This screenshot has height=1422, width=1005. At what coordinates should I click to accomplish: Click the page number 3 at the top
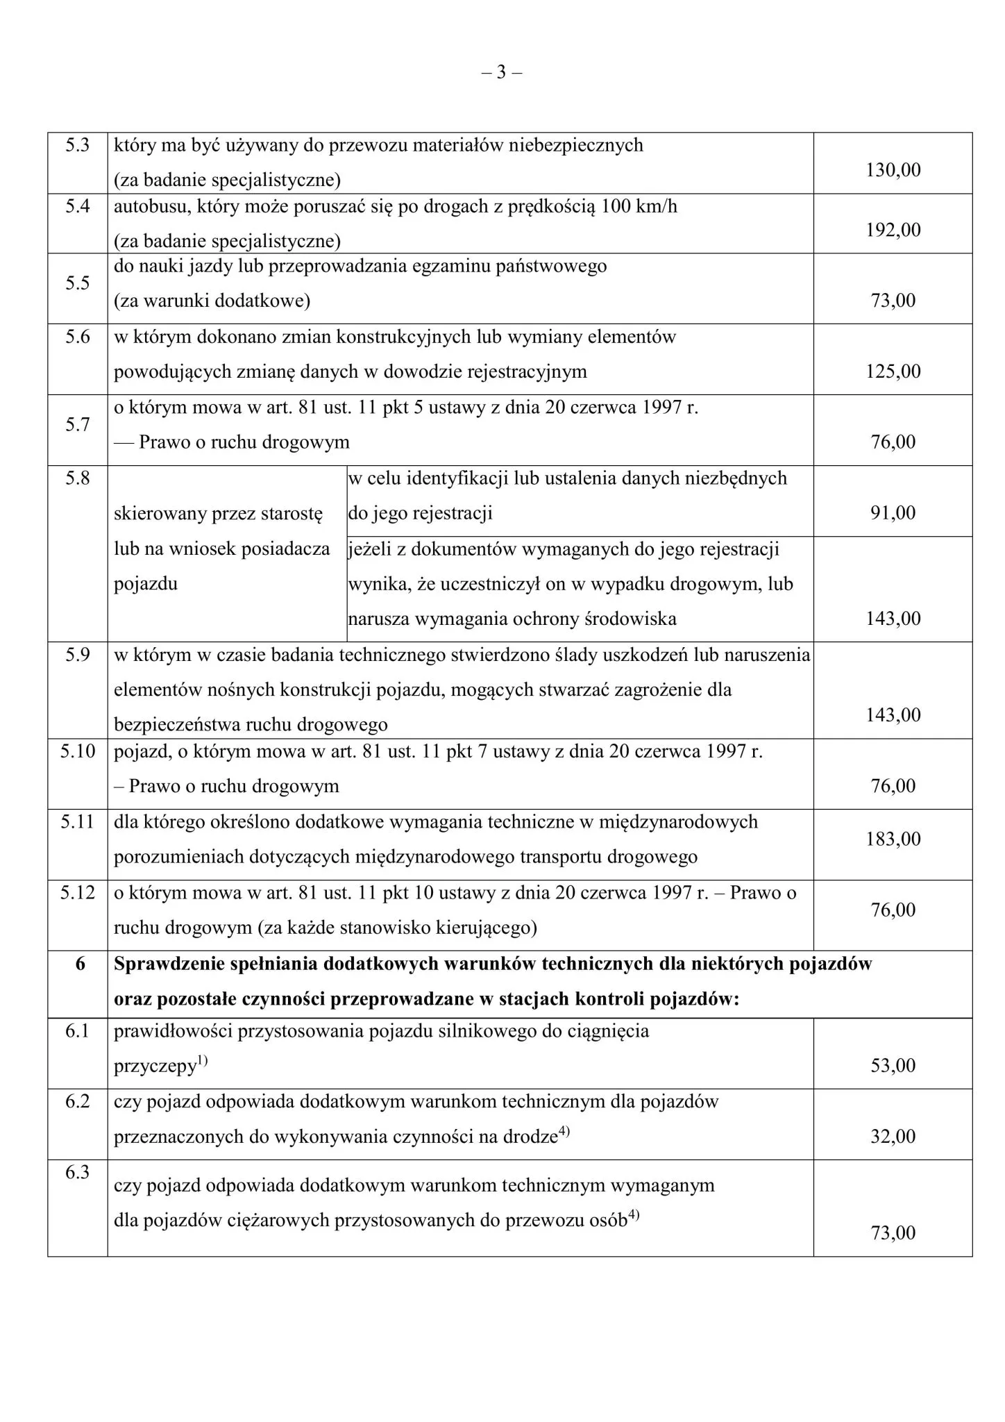(x=502, y=72)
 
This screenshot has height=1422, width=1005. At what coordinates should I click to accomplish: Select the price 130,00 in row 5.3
(x=893, y=170)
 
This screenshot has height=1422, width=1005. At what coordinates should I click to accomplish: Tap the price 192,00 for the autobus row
(x=893, y=230)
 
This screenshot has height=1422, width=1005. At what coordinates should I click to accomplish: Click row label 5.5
(x=78, y=283)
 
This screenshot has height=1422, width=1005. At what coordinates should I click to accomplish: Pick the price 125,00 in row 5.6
(x=893, y=371)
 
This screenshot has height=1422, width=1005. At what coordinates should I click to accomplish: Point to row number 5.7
(x=78, y=425)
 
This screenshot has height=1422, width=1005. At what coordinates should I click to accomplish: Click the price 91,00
(x=893, y=513)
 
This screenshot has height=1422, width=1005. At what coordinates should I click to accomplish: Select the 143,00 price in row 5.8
(x=893, y=619)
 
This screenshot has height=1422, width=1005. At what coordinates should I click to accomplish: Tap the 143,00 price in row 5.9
(x=893, y=715)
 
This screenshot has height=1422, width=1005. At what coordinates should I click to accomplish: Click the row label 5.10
(x=78, y=751)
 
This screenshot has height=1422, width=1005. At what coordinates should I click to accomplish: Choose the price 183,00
(x=893, y=839)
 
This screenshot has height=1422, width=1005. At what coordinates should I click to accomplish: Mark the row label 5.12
(x=78, y=893)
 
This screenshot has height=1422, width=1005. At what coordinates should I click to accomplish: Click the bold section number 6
(x=80, y=964)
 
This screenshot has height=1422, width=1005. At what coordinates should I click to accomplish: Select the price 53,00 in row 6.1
(x=893, y=1066)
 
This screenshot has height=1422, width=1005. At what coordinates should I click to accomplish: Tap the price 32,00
(x=893, y=1137)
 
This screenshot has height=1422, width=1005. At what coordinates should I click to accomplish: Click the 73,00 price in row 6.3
(x=893, y=1233)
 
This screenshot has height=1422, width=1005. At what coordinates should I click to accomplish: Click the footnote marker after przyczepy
(x=201, y=1060)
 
